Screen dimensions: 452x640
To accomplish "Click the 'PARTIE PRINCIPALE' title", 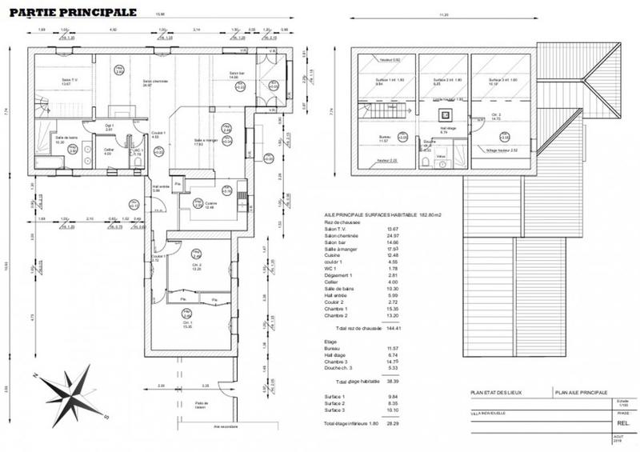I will point(72,13).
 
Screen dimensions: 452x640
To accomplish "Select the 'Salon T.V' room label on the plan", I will point(69,81).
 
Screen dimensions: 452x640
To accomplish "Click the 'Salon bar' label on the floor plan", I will point(238,74).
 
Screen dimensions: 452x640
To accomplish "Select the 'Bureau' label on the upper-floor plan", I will point(385,138).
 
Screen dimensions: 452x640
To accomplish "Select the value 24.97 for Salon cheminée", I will point(393,237).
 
